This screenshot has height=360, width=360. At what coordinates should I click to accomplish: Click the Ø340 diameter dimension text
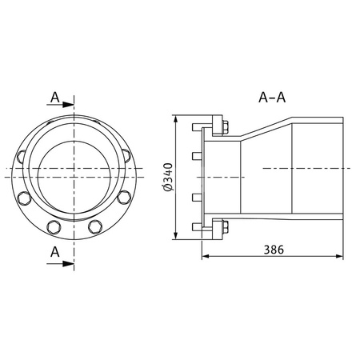pyautogui.click(x=169, y=177)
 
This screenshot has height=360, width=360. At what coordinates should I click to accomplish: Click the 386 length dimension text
pyautogui.click(x=274, y=250)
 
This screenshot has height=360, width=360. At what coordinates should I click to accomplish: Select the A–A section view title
pyautogui.click(x=272, y=98)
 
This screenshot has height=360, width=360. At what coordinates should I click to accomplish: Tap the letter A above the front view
pyautogui.click(x=55, y=98)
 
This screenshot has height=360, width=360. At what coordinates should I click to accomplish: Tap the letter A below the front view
pyautogui.click(x=55, y=252)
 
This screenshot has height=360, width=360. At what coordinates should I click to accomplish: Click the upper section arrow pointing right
pyautogui.click(x=60, y=105)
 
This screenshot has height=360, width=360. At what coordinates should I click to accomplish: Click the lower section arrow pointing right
pyautogui.click(x=60, y=264)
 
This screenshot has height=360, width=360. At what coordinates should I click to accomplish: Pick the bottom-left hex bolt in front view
pyautogui.click(x=54, y=227)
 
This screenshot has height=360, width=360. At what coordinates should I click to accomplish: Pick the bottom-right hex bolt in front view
pyautogui.click(x=95, y=227)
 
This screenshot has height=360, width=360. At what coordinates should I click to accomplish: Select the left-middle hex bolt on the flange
pyautogui.click(x=24, y=198)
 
